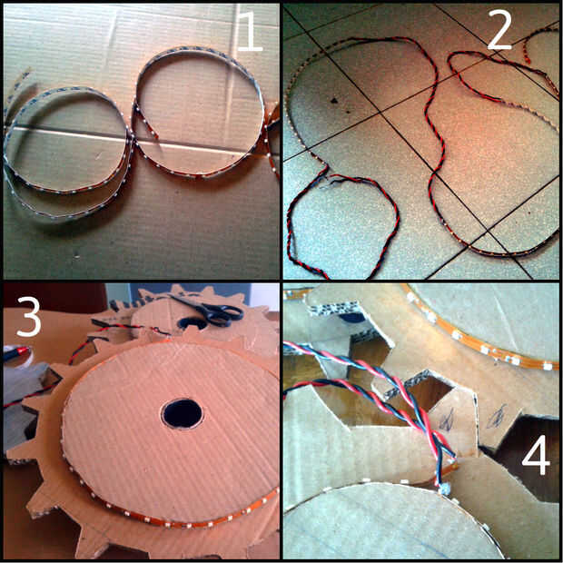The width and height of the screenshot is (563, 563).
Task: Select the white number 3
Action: pyautogui.click(x=28, y=316)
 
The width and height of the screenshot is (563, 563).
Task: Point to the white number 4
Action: pyautogui.click(x=536, y=455)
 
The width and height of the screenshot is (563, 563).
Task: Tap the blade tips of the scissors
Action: pyautogui.click(x=171, y=297)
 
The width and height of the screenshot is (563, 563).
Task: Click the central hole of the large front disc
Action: pyautogui.click(x=182, y=413)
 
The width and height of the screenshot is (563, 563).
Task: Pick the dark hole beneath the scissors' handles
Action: pyautogui.click(x=193, y=323)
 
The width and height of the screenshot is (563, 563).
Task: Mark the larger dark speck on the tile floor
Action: pyautogui.click(x=334, y=101)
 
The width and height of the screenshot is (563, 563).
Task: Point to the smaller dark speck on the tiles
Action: pyautogui.click(x=349, y=112)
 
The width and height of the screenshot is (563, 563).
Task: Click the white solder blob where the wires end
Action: pyautogui.click(x=445, y=489)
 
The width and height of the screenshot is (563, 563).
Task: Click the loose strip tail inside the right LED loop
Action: pyautogui.click(x=146, y=122)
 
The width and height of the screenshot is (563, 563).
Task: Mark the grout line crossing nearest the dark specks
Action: pyautogui.click(x=380, y=114)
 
